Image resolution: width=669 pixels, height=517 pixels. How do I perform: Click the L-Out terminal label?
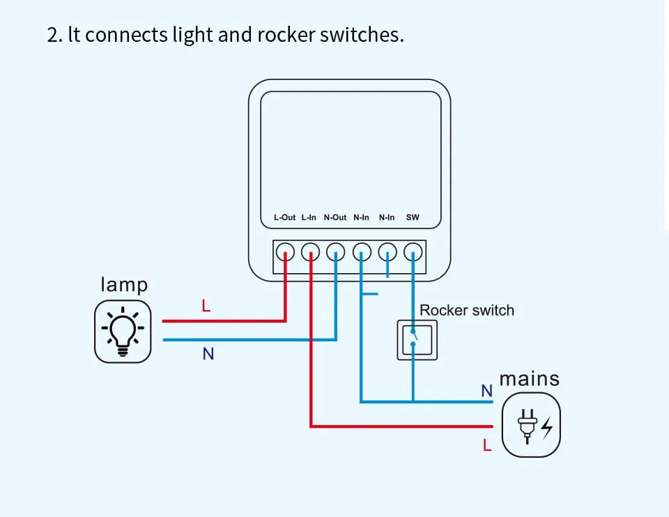coord(284,217)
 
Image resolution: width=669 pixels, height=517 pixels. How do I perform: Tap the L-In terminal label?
coord(309,217)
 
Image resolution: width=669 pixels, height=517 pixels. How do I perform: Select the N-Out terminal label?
coord(335,217)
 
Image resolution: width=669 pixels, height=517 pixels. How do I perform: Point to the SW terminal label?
coord(413,217)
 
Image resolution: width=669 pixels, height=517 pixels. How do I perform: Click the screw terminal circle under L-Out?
coord(285,251)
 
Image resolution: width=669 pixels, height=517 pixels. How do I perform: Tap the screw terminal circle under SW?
coord(414,251)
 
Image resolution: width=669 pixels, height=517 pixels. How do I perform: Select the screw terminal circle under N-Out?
coord(337,251)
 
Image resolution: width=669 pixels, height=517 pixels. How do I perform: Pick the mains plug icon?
coord(530,425)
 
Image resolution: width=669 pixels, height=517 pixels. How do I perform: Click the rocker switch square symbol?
coord(417,339)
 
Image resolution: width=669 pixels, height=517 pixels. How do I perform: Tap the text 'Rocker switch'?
coord(466,310)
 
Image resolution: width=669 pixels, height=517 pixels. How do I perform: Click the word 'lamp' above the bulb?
coord(124,284)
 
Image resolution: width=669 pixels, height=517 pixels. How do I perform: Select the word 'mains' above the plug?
coord(529,379)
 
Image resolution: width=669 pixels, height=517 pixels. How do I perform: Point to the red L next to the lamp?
coord(206,305)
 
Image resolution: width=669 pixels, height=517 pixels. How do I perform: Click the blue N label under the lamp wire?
coord(208,354)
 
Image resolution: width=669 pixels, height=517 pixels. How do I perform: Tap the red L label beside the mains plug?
coord(487,445)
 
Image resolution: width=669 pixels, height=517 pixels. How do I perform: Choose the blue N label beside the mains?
coord(486,391)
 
